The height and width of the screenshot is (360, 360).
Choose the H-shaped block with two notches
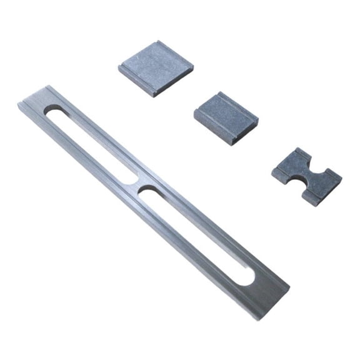click(x=306, y=177)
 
